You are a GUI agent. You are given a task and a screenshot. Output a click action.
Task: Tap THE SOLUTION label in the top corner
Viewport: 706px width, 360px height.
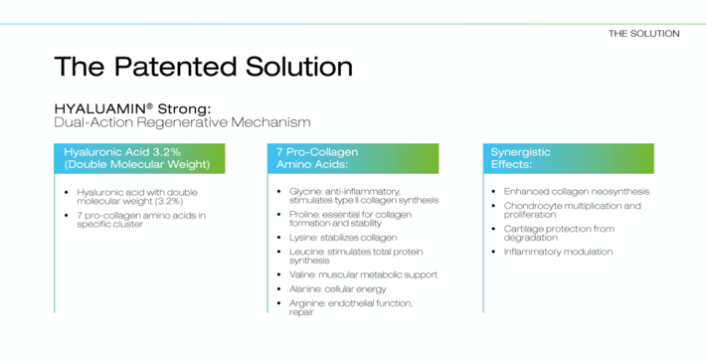(644, 34)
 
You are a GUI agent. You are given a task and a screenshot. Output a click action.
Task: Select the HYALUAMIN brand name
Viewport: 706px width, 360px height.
(100, 108)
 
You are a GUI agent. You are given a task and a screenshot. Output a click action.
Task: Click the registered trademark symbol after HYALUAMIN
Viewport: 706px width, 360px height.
(149, 105)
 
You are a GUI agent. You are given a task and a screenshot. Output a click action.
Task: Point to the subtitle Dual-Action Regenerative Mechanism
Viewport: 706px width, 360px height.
(182, 122)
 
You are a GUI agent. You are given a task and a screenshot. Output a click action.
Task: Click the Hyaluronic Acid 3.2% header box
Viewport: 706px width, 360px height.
(139, 158)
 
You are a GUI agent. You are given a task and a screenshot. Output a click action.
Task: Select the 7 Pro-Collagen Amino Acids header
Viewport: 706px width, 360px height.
(353, 158)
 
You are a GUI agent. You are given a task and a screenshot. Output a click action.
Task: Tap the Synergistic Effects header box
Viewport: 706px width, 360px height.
(569, 158)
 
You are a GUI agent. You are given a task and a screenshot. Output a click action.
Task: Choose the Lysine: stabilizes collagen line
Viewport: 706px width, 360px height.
(343, 238)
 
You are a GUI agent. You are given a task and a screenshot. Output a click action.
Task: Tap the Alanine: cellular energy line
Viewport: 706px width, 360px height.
(338, 289)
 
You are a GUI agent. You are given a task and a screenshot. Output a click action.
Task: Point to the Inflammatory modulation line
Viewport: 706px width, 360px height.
(558, 252)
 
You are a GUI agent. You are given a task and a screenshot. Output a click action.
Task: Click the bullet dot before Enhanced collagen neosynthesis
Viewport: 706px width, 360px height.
(494, 192)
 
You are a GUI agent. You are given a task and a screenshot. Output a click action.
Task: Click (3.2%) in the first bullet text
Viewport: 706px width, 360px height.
(169, 201)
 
